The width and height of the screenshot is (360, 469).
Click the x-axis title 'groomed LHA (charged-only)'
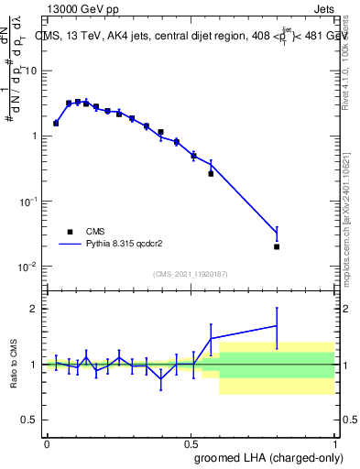click(263, 457)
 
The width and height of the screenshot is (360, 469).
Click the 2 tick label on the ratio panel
click(34, 309)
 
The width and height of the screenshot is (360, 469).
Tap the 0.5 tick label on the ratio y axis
click(29, 420)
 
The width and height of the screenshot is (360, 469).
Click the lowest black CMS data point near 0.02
click(277, 246)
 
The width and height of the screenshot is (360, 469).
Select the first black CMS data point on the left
click(56, 123)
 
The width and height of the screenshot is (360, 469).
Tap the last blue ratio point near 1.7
click(277, 325)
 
